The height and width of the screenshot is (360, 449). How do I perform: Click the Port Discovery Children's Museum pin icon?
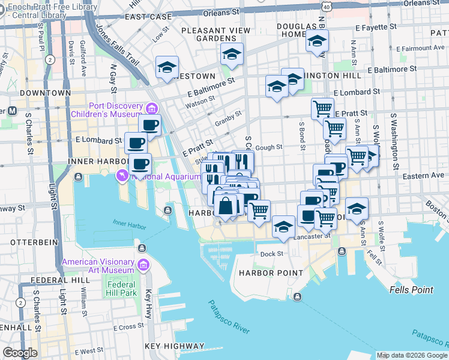151,108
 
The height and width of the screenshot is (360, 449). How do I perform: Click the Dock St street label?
271,254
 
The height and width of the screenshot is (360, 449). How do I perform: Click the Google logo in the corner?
20,353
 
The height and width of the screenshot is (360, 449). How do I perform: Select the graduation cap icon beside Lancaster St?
283,227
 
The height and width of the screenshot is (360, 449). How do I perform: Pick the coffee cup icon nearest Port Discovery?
149,125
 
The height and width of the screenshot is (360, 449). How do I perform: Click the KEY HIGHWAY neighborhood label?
174,346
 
